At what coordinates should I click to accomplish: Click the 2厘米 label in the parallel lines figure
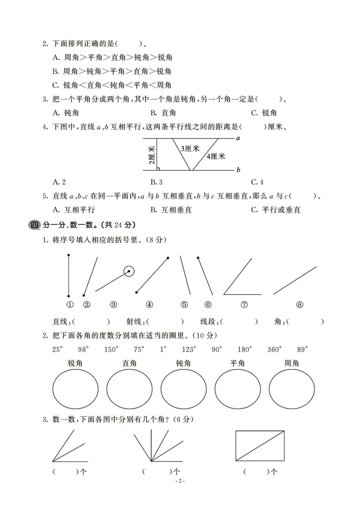[x=152, y=155]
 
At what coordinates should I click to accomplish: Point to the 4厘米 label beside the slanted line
[x=216, y=156]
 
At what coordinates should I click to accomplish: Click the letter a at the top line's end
[x=238, y=138]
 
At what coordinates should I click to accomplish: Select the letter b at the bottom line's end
[x=238, y=170]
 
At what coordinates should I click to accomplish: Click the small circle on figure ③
[x=129, y=272]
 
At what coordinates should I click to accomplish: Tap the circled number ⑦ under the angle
[x=244, y=305]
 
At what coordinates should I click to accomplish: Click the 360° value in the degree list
[x=274, y=349]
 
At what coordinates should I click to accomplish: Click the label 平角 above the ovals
[x=237, y=363]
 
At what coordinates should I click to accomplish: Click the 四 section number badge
[x=34, y=225]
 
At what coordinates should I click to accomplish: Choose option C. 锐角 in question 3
[x=264, y=113]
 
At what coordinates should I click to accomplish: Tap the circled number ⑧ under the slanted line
[x=299, y=305]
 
